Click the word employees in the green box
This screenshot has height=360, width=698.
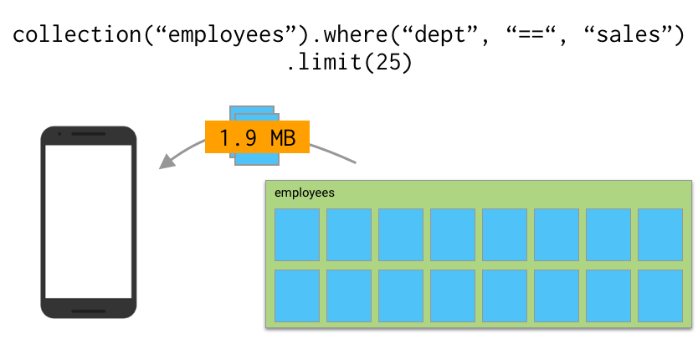pyautogui.click(x=305, y=193)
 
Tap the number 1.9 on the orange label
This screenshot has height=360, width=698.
pyautogui.click(x=240, y=137)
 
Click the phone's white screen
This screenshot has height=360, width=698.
pyautogui.click(x=88, y=221)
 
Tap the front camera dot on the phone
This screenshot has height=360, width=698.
pyautogui.click(x=59, y=134)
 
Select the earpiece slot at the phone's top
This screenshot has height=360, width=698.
pyautogui.click(x=88, y=134)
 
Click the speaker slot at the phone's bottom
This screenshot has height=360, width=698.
pyautogui.click(x=88, y=311)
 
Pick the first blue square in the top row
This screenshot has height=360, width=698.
pyautogui.click(x=297, y=234)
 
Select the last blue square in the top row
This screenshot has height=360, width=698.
pyautogui.click(x=660, y=234)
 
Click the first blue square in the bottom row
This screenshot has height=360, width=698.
pyautogui.click(x=297, y=296)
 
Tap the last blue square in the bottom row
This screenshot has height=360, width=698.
pyautogui.click(x=660, y=296)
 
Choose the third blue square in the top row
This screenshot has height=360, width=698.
pyautogui.click(x=401, y=234)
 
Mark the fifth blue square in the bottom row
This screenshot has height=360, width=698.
pyautogui.click(x=505, y=296)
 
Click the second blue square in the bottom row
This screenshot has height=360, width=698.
pyautogui.click(x=349, y=296)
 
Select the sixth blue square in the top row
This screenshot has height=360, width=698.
pyautogui.click(x=557, y=234)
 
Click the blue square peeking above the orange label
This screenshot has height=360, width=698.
pyautogui.click(x=251, y=113)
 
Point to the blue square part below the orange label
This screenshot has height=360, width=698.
pyautogui.click(x=256, y=159)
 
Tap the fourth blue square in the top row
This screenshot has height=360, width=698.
pyautogui.click(x=453, y=234)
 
